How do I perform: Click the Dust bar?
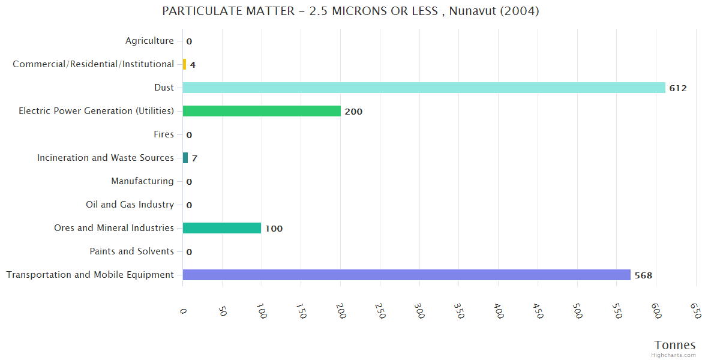tap(424, 88)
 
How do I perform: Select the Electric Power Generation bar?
tap(262, 111)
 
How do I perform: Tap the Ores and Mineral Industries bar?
tap(222, 228)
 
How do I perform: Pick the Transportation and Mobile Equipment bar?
tap(406, 275)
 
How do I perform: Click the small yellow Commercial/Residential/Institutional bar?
tap(184, 64)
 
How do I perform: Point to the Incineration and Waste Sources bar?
tap(185, 158)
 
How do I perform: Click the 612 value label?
tap(678, 88)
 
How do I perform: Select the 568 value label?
tap(643, 275)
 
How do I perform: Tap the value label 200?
tap(353, 112)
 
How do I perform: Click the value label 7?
tap(194, 158)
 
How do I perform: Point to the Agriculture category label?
tap(149, 41)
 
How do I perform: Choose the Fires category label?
tap(164, 134)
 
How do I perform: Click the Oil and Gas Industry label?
tap(130, 205)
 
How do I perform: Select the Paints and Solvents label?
tap(131, 251)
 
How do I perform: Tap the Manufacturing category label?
tap(142, 181)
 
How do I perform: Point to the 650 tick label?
tap(695, 310)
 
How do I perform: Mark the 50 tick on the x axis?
tap(222, 310)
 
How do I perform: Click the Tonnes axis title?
tap(675, 345)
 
